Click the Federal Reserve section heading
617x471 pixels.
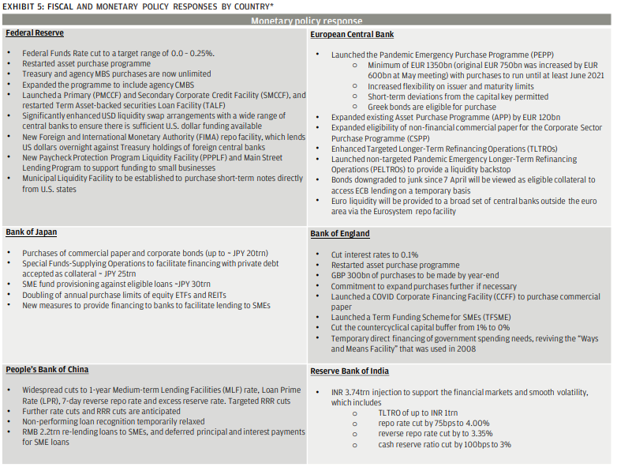[x=35, y=33]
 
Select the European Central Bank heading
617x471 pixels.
[x=352, y=35]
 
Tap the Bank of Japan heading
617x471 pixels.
[x=31, y=232]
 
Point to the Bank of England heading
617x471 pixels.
[x=340, y=234]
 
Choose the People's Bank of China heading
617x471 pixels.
[x=47, y=370]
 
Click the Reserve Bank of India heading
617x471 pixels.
[x=349, y=371]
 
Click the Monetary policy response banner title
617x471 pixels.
[x=307, y=21]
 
